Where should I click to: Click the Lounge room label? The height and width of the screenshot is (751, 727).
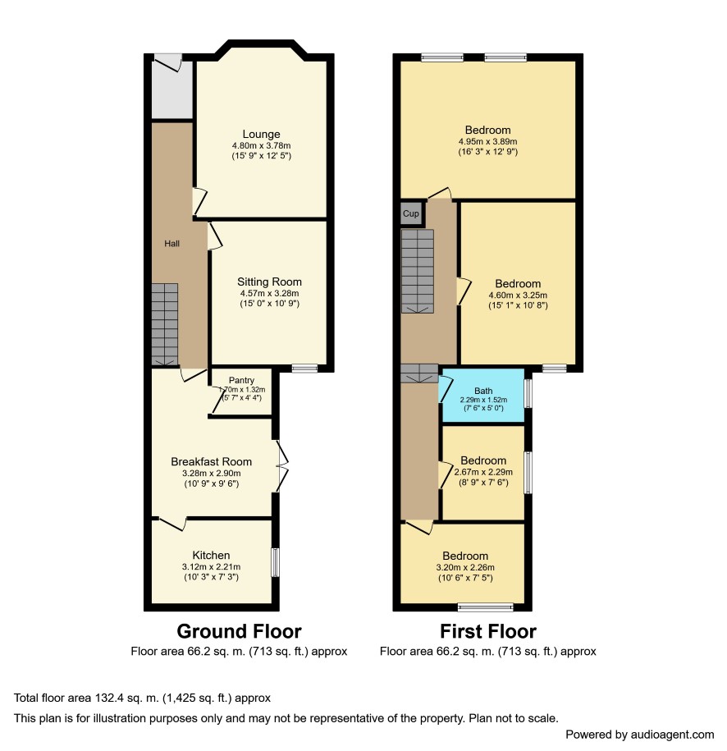click(x=261, y=134)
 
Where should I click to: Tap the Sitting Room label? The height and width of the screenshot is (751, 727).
click(x=269, y=282)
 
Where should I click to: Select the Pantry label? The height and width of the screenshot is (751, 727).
click(x=241, y=380)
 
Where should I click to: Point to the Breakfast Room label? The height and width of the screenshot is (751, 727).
click(x=211, y=462)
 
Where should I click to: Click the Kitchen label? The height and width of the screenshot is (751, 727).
click(x=211, y=555)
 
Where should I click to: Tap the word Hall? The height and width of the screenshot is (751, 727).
click(x=172, y=244)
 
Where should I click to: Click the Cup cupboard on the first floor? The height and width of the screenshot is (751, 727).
click(x=411, y=213)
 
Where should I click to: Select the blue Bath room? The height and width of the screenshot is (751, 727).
click(x=482, y=396)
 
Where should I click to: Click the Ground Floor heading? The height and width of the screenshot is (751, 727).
click(x=239, y=631)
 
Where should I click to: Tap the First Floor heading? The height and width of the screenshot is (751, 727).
click(x=488, y=631)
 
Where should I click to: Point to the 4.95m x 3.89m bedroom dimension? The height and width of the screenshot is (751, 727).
click(x=487, y=142)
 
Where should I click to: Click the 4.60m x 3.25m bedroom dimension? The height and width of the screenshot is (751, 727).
click(x=518, y=295)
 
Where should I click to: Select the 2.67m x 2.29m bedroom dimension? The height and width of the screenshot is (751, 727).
click(x=483, y=472)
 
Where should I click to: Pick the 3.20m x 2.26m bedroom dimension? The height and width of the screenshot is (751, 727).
click(x=465, y=568)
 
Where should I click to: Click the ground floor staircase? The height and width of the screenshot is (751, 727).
click(x=165, y=325)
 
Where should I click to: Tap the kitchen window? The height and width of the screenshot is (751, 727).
click(x=276, y=563)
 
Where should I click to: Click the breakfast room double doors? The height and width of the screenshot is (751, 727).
click(x=282, y=466)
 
